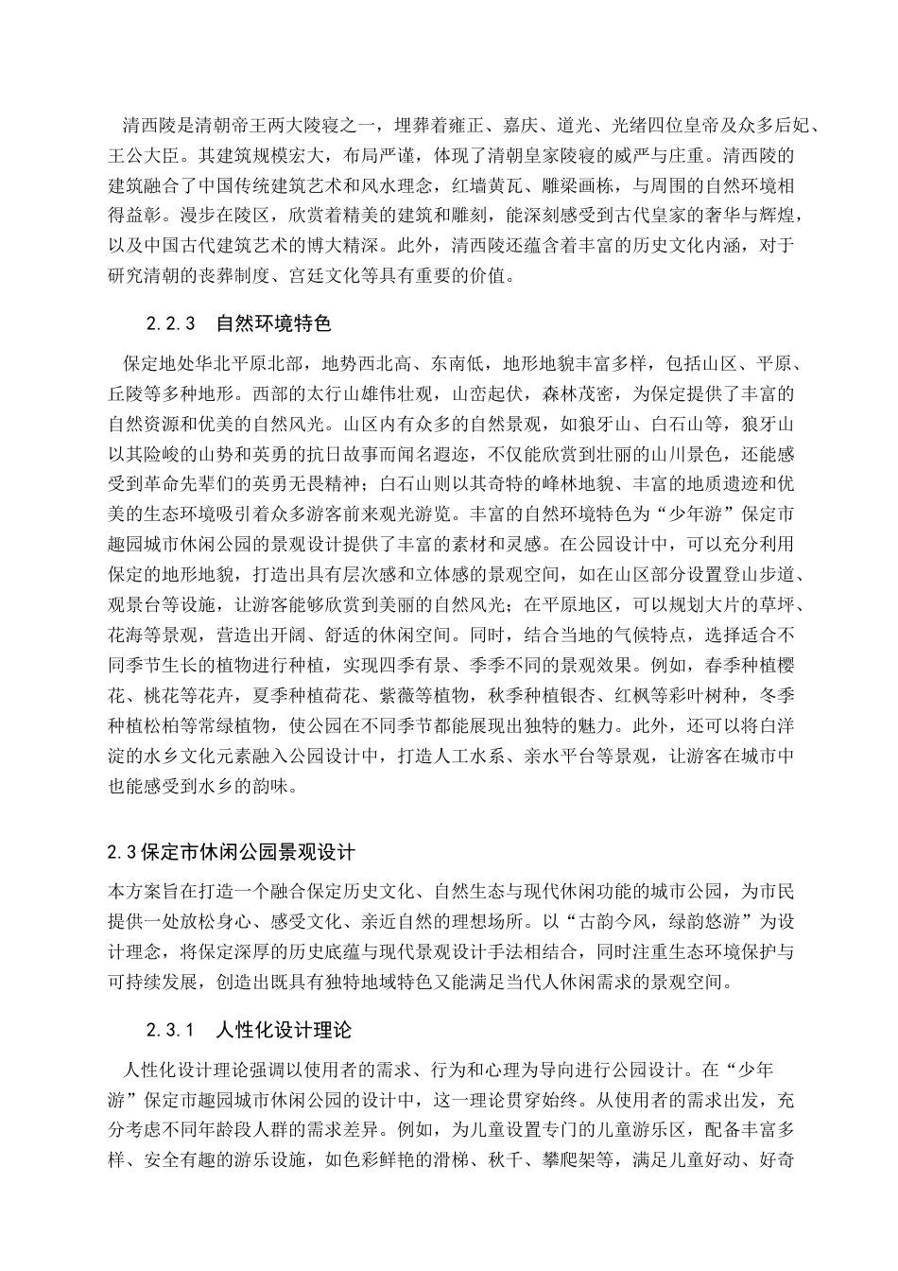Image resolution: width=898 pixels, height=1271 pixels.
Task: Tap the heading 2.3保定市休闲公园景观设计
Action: tap(232, 852)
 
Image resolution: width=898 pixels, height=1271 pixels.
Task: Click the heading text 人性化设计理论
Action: tap(284, 1029)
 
